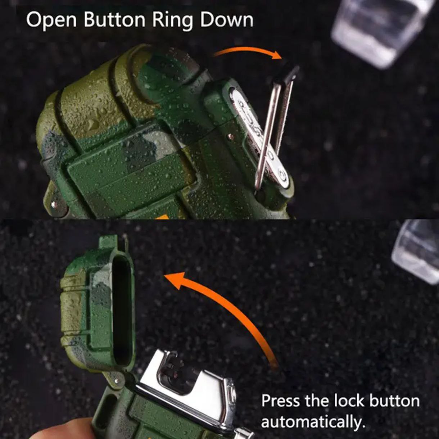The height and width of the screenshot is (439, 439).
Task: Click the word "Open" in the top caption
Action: click(x=51, y=21)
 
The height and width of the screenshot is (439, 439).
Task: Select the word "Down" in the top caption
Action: click(x=227, y=20)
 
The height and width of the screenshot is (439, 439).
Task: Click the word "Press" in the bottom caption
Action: click(x=280, y=401)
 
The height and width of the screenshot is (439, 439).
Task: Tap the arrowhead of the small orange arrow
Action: click(x=277, y=55)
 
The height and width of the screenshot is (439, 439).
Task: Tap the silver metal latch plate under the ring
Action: click(x=259, y=137)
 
